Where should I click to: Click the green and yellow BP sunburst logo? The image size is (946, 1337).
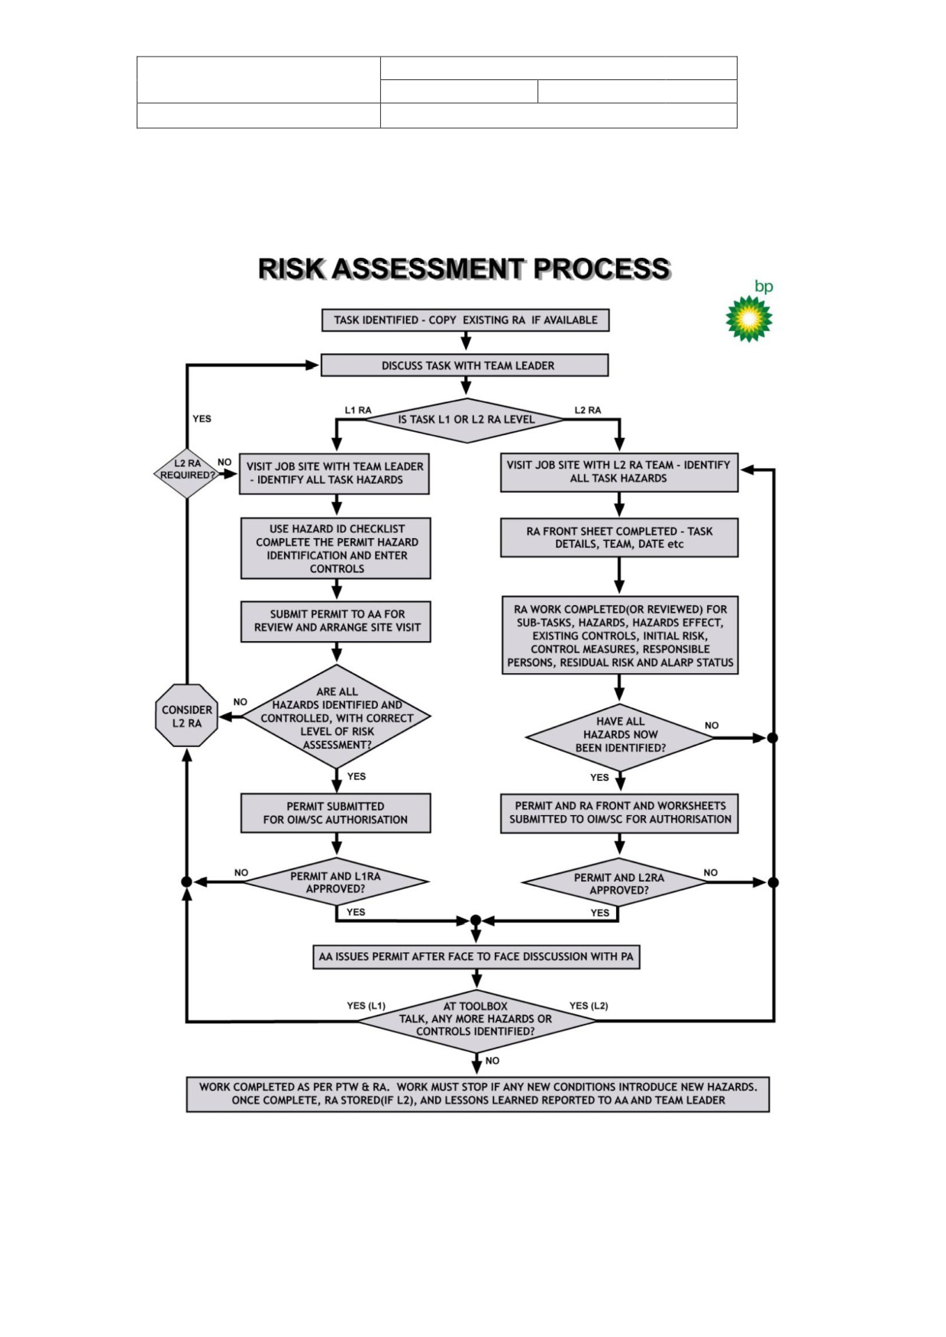748,317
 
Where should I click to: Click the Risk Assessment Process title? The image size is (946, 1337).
464,269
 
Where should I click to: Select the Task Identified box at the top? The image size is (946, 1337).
466,321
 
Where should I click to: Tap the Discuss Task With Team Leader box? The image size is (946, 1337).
465,366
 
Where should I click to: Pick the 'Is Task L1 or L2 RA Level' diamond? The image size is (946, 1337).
466,420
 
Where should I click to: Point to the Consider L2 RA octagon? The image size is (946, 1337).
187,716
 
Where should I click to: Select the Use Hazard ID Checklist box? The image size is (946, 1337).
336,549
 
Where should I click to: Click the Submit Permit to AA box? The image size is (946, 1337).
336,621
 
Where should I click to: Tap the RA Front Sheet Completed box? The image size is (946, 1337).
619,538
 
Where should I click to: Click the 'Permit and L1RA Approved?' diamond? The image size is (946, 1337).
336,883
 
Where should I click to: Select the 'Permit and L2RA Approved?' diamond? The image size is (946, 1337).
618,884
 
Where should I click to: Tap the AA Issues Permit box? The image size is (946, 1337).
476,957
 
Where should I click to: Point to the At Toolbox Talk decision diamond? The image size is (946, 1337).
476,1020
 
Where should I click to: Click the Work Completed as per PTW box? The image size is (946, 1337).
478,1094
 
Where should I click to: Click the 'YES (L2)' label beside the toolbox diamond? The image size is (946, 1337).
589,1006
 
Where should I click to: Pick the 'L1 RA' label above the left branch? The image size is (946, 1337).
358,411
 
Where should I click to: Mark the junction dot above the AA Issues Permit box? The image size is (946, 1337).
476,920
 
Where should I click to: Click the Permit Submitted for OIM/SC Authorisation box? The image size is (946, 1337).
336,813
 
